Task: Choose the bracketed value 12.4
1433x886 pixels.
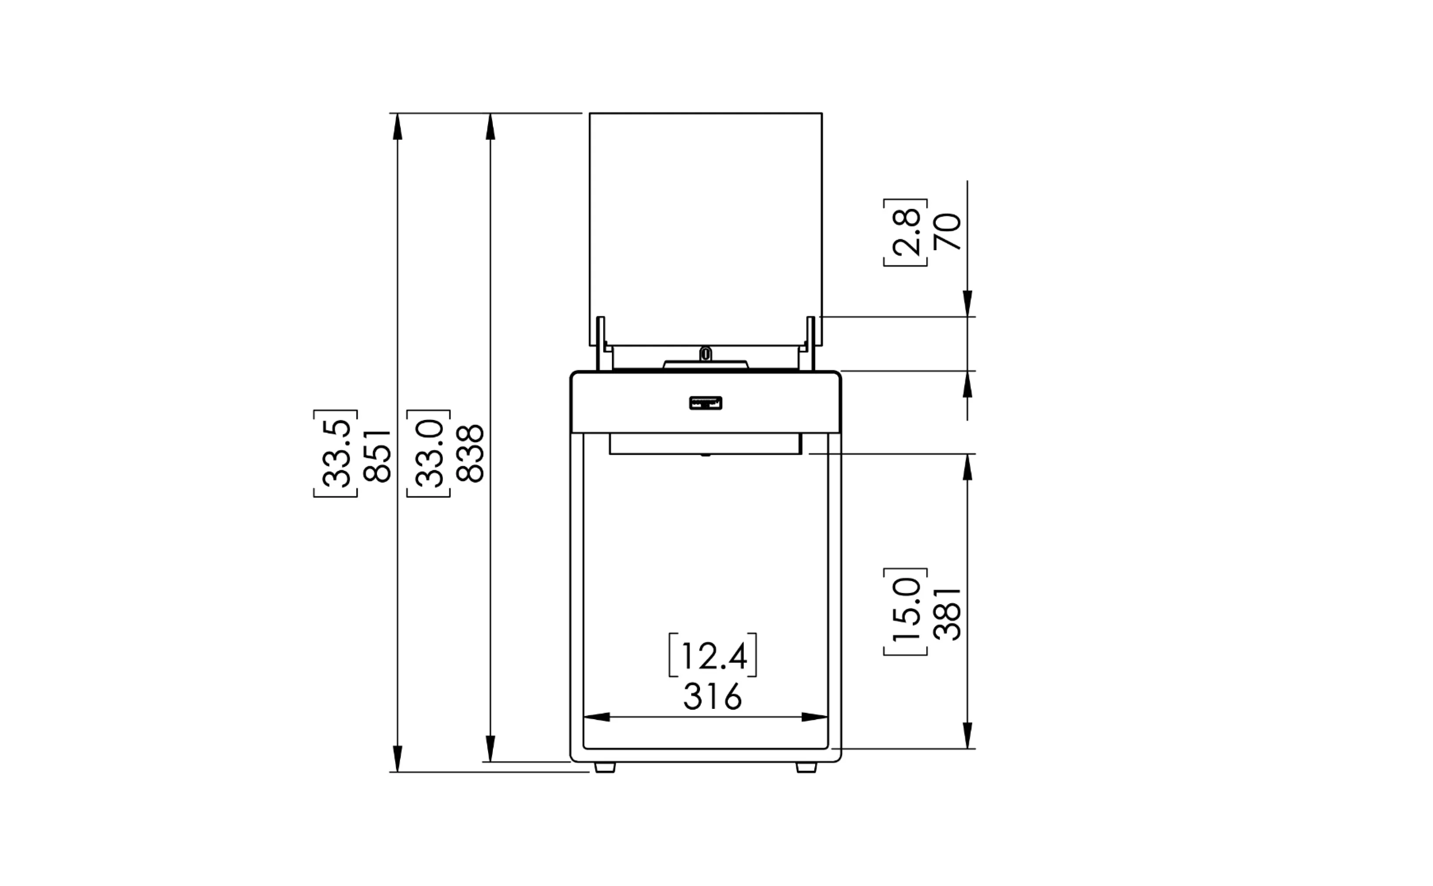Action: pyautogui.click(x=713, y=655)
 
